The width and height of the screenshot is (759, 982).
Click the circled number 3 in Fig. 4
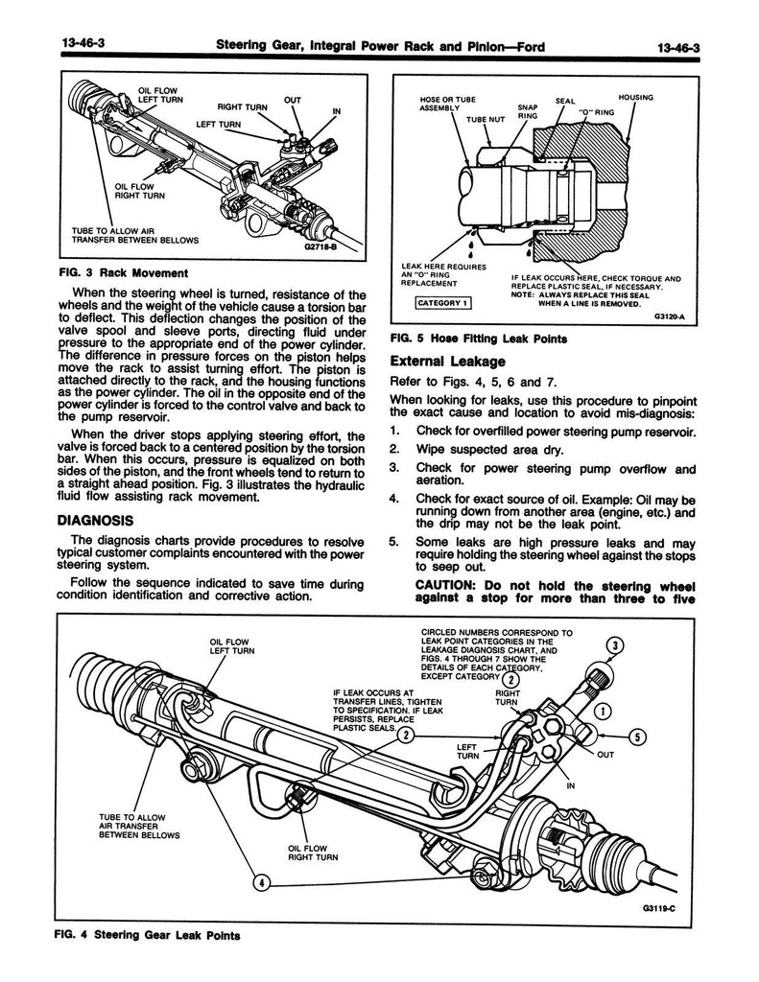coord(616,644)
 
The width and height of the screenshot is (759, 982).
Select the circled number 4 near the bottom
coord(259,881)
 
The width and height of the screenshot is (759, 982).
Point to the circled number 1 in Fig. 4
coord(602,712)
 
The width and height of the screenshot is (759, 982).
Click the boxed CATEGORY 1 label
coord(440,304)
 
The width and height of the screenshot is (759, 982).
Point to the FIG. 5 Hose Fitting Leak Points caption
coord(478,338)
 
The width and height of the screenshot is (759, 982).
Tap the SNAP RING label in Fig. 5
coord(528,111)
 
